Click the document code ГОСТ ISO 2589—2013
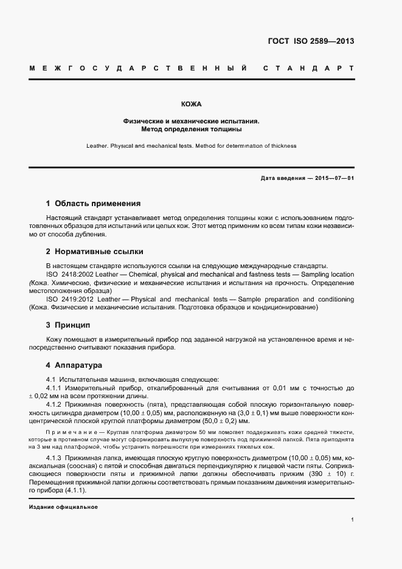coord(311,42)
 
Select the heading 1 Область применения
coord(93,204)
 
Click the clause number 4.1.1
coord(57,387)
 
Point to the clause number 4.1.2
coord(57,404)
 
